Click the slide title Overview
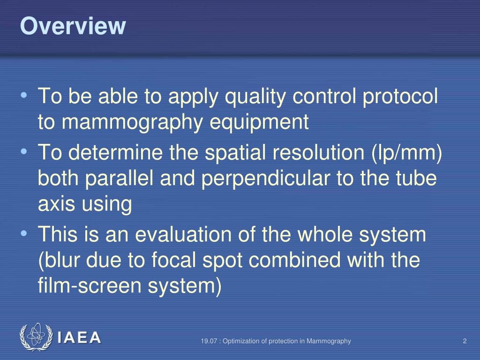click(73, 26)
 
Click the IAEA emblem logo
click(36, 337)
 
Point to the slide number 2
click(465, 341)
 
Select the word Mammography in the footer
click(331, 341)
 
